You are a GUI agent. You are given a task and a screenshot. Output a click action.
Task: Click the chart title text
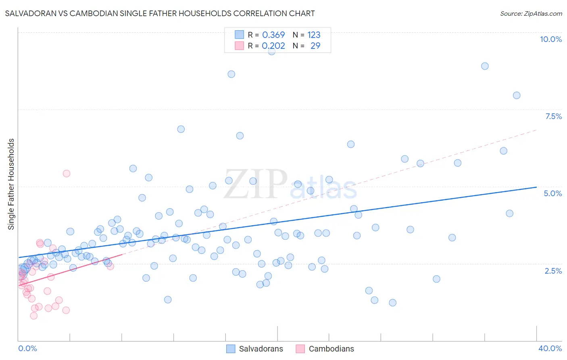coord(160,13)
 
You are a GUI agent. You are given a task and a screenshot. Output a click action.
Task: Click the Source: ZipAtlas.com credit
coord(531,13)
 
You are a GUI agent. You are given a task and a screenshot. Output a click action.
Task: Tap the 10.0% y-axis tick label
coord(550,39)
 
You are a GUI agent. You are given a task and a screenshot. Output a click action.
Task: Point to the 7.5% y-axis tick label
coord(553,116)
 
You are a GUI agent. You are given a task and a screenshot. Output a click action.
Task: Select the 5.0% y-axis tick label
coord(552,193)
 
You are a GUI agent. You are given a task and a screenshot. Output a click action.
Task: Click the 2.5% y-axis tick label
coord(553,271)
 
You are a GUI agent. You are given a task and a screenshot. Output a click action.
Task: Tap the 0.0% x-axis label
coord(27,348)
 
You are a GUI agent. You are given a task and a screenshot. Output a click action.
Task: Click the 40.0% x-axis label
coord(550,348)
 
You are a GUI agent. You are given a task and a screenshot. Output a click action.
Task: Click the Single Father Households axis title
coord(11,184)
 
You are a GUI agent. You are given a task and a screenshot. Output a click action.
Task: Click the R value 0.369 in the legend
coord(273,35)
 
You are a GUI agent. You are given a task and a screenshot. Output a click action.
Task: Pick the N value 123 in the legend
coord(314,35)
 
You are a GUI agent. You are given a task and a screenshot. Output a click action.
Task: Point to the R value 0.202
coord(273,46)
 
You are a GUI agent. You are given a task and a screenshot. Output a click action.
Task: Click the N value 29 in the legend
coord(315,46)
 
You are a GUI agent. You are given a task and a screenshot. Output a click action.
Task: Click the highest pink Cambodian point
coord(67,174)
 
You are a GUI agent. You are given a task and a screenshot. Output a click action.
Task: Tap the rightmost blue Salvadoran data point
coord(517,96)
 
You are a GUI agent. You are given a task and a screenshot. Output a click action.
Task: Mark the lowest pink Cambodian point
coord(34,316)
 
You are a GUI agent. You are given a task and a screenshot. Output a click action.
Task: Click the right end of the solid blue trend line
coord(536,187)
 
